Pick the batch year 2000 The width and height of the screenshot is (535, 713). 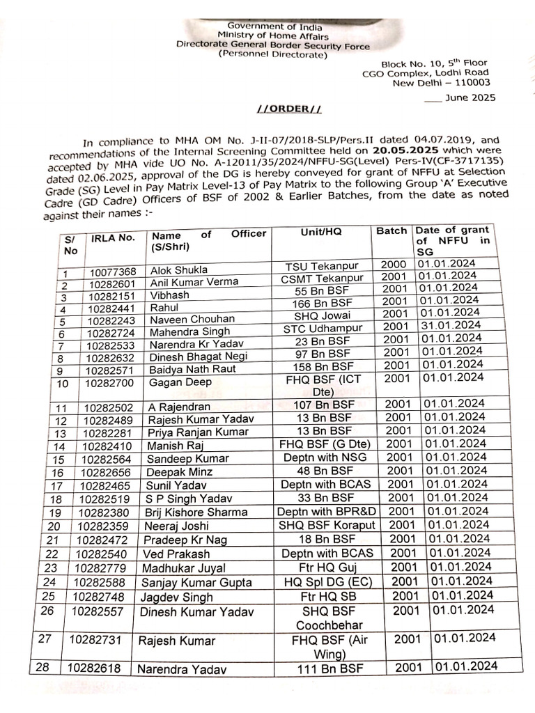[394, 265]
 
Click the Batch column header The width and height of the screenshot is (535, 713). [391, 230]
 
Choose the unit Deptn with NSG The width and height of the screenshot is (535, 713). [325, 457]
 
